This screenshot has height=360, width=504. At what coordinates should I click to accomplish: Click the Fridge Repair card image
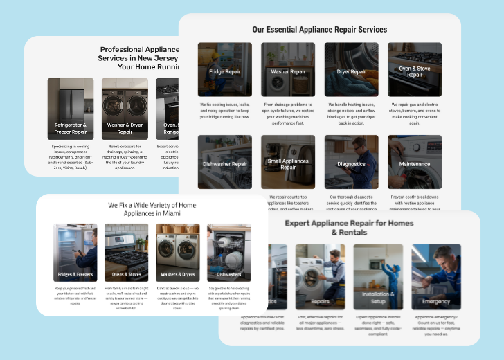pos(224,69)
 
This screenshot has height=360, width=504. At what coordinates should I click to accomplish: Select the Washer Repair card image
pos(288,69)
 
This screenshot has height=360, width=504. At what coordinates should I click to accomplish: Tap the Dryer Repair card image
pos(351,69)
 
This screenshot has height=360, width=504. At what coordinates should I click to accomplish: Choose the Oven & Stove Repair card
pos(414,69)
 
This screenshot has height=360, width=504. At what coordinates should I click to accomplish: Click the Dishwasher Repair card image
pos(224,162)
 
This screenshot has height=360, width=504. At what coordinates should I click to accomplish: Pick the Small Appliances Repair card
pos(288,162)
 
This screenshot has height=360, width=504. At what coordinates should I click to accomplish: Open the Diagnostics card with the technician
pos(351,162)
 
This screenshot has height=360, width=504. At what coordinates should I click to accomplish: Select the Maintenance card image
pos(414,162)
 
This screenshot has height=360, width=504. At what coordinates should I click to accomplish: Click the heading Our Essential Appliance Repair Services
pos(319,30)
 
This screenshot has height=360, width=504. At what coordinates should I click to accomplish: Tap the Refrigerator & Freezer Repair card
pos(71,109)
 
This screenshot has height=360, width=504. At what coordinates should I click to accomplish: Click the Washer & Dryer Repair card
pos(125,109)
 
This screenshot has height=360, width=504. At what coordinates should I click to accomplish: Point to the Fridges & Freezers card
pos(75,252)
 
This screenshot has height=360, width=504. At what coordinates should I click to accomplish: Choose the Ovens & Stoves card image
pos(126,252)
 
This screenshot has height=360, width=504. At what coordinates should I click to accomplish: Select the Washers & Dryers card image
pos(177,252)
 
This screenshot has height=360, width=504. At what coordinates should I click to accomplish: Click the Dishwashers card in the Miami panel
pos(228,252)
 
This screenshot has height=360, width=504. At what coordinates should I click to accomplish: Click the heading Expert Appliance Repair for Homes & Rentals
pos(349,228)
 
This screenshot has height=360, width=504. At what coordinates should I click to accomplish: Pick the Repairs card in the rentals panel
pos(320,276)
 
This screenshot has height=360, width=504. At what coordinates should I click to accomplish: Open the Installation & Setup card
pos(378,276)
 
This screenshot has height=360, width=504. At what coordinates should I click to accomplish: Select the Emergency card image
pos(436,276)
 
